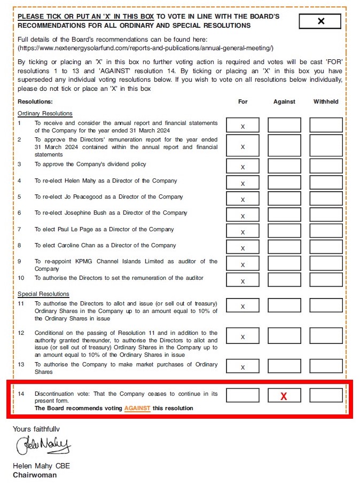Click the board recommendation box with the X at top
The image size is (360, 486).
(x=320, y=21)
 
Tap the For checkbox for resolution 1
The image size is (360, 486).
(x=242, y=126)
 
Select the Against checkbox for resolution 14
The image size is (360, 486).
(x=284, y=396)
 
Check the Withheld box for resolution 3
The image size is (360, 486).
(x=326, y=166)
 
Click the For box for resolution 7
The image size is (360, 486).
(x=242, y=231)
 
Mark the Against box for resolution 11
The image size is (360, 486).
(x=284, y=305)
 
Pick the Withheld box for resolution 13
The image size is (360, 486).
(x=326, y=366)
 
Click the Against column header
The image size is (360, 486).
(x=284, y=101)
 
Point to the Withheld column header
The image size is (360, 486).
(x=326, y=101)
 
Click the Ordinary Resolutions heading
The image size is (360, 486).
(x=45, y=113)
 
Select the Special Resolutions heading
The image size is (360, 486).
(x=43, y=294)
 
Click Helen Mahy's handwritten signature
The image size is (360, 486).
(x=43, y=445)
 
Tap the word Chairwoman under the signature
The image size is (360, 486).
(x=35, y=475)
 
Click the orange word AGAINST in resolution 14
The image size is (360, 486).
(x=137, y=409)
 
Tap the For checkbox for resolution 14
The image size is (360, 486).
(x=242, y=396)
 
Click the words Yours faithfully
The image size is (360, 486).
(x=36, y=429)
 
